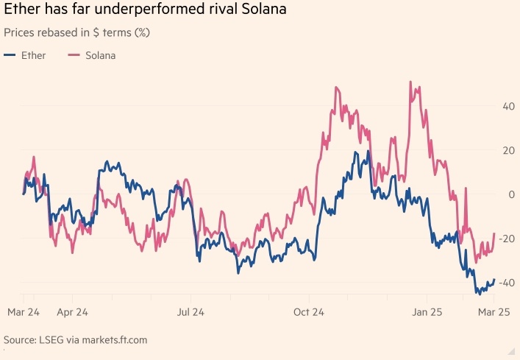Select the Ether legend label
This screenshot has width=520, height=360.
pos(33,55)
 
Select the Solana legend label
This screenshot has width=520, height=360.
pos(100,55)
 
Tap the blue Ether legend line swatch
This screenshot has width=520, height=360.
pos(10,55)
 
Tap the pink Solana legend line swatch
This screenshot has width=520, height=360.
pos(74,55)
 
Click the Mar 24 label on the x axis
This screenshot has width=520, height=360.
pos(23,312)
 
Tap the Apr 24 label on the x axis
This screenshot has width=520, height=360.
pos(72,312)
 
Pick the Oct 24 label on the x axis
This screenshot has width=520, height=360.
pos(310,312)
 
